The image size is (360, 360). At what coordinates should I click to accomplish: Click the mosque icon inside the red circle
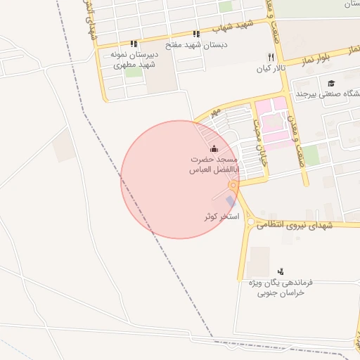[x=214, y=149]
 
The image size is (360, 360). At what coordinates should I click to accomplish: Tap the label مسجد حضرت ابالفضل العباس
[x=215, y=165]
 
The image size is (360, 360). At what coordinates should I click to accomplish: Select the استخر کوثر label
[x=221, y=217]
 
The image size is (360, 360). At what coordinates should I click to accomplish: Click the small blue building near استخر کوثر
[x=231, y=202]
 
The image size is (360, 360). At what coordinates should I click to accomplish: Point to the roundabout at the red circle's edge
[x=233, y=185]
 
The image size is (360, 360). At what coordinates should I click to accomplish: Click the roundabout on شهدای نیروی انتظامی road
[x=250, y=222]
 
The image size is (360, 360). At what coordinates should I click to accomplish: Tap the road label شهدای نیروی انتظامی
[x=290, y=226]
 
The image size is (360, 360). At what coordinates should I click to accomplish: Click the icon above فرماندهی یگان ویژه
[x=281, y=271]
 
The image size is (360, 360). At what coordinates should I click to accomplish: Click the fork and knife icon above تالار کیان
[x=271, y=57]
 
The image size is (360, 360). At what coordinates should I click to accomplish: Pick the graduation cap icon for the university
[x=331, y=82]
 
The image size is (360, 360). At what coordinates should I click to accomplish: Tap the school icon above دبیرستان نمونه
[x=134, y=44]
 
